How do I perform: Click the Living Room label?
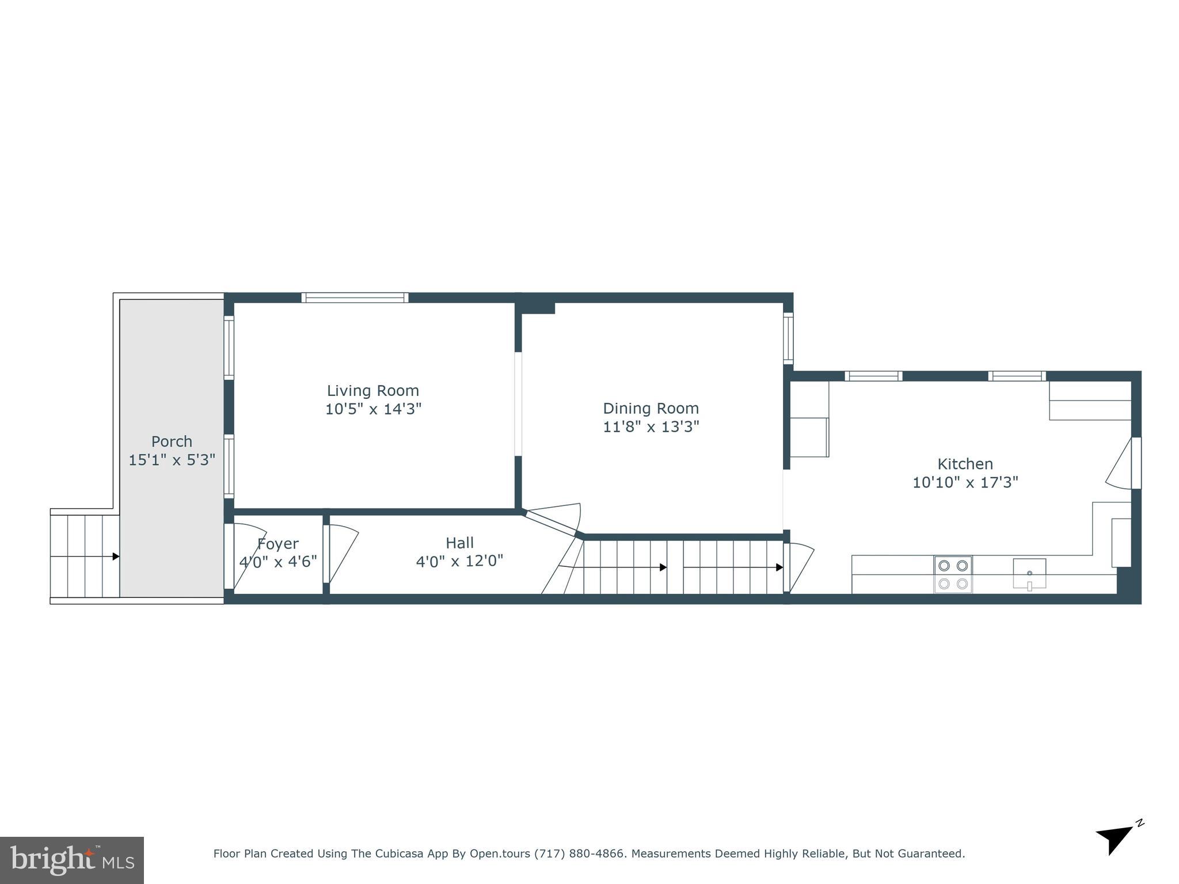(373, 391)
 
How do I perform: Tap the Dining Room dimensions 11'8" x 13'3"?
(651, 427)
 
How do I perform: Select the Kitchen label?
(965, 464)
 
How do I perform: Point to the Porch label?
(172, 441)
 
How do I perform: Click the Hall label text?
(459, 543)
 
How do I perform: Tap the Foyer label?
(277, 544)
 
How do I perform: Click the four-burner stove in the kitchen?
(953, 574)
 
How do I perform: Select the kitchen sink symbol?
(1029, 573)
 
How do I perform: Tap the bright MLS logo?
(72, 860)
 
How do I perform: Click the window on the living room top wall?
(355, 298)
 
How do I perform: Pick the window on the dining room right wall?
(788, 338)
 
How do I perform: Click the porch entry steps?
(85, 556)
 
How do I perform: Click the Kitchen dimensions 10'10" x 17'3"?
(965, 482)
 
